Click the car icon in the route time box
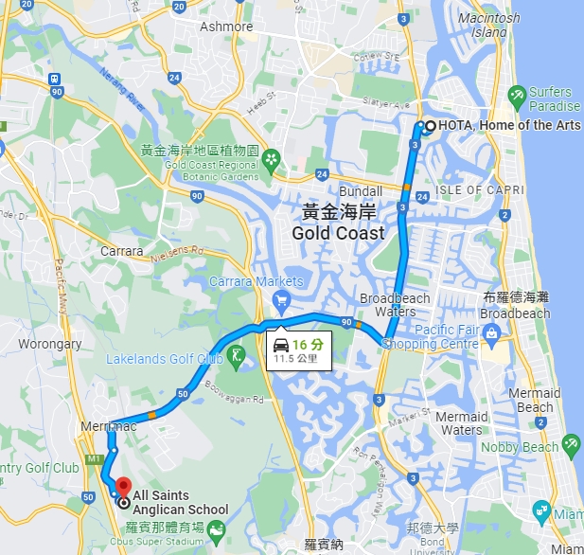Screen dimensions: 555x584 pos(280,344)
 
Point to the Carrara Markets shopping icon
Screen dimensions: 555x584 pos(280,300)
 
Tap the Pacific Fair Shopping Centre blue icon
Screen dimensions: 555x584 pos(491,332)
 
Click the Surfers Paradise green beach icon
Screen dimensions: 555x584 pos(517,95)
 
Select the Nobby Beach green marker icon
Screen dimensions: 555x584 pos(571,443)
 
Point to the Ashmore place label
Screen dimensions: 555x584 pos(226,27)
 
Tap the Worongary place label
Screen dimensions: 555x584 pos(49,344)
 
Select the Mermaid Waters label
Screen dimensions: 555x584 pos(462,423)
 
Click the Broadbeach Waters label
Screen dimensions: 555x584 pos(395,305)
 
